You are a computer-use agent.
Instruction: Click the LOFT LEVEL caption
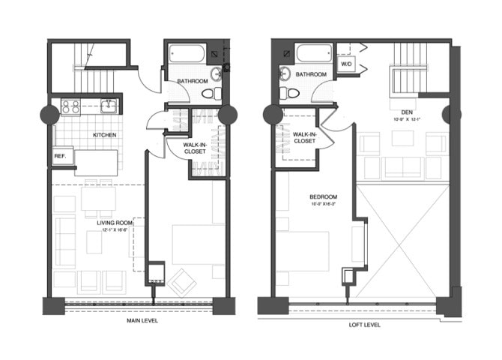[x=363, y=324]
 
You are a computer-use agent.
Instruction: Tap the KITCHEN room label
[x=104, y=135]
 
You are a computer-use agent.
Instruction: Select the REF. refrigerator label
[x=60, y=157]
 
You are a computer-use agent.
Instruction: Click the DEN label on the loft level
[x=408, y=112]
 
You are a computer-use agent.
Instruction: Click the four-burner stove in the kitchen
[x=70, y=106]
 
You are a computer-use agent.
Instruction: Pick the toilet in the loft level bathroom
[x=288, y=93]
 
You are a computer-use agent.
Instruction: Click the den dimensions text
[x=407, y=120]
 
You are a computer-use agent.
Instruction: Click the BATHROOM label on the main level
[x=193, y=80]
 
